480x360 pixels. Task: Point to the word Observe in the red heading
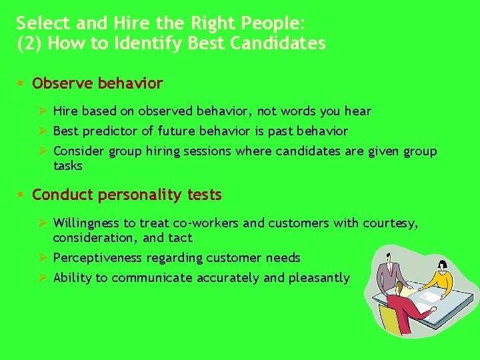pos(63,84)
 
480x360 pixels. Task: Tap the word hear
pos(358,111)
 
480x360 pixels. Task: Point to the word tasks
pos(68,165)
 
